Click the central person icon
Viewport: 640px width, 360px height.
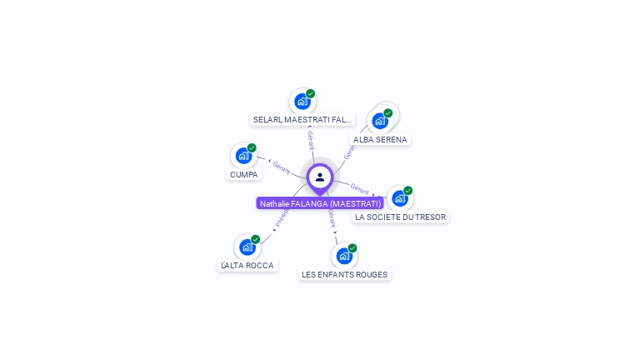click(320, 177)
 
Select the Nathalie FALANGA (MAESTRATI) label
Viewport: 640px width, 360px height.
click(320, 203)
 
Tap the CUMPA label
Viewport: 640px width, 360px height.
click(244, 174)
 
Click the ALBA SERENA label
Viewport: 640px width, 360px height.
click(380, 139)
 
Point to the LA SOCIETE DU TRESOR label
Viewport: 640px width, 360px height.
click(400, 217)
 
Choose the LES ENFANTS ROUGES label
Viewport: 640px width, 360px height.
click(344, 274)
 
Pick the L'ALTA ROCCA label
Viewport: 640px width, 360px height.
click(247, 265)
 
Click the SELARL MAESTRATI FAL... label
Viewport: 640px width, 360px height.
click(302, 119)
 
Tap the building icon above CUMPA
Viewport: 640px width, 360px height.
click(243, 155)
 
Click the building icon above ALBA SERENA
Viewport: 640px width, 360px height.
click(380, 121)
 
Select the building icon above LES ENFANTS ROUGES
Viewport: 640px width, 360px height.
click(343, 255)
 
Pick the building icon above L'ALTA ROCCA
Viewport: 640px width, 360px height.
click(247, 247)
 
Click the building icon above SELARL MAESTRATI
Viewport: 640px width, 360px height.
click(302, 101)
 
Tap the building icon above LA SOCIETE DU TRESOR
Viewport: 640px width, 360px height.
click(399, 198)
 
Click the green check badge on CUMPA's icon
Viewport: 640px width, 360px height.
click(252, 147)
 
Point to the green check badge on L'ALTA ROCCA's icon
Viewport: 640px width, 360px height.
click(255, 239)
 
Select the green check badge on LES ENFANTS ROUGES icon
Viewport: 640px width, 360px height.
click(352, 247)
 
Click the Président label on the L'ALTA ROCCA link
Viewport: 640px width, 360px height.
click(282, 217)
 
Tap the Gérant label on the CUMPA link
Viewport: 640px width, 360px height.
click(282, 167)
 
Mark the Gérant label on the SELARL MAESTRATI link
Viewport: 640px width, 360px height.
click(310, 139)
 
